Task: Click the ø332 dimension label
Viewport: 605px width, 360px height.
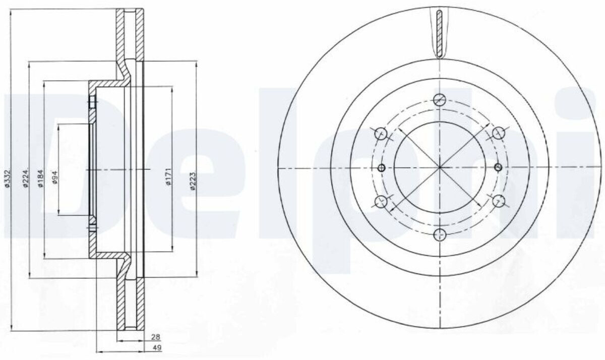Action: coord(8,178)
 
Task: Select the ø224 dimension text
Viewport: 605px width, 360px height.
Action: coord(26,178)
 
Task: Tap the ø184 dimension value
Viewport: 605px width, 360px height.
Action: coord(40,178)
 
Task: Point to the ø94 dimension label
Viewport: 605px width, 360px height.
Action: coord(55,177)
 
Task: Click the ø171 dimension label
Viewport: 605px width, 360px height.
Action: coord(169,176)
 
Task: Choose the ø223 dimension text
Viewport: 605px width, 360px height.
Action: coord(193,181)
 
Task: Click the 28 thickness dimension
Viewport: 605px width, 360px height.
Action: coord(156,337)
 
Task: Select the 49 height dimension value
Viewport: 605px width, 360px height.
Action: coord(157,347)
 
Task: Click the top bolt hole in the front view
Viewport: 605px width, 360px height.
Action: coord(440,100)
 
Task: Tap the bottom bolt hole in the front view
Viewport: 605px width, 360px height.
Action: coord(440,234)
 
